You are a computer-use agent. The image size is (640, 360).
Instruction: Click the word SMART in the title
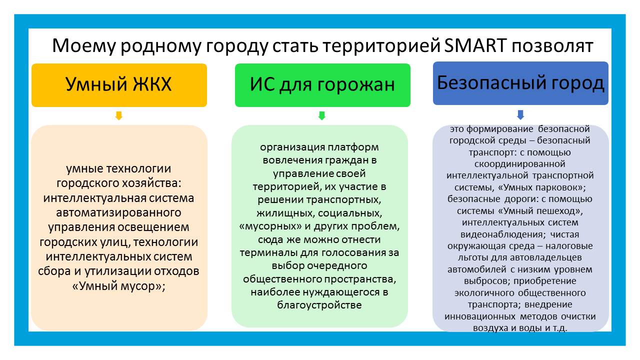475,45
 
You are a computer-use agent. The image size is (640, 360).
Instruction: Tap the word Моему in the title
83,45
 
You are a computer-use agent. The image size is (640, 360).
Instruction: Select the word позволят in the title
552,45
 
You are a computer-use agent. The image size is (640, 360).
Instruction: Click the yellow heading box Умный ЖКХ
119,85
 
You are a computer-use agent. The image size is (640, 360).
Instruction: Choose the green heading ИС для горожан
322,85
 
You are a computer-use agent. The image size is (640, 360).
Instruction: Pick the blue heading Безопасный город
520,83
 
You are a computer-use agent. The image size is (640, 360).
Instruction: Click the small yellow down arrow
119,115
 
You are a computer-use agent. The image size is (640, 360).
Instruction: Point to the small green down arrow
321,115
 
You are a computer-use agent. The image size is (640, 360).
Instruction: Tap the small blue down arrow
520,115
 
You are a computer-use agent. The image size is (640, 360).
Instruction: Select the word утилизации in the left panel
117,271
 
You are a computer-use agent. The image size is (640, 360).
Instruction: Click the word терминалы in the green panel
268,253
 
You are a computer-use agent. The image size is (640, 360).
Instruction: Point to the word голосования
349,253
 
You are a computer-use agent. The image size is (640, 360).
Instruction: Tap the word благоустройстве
319,305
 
